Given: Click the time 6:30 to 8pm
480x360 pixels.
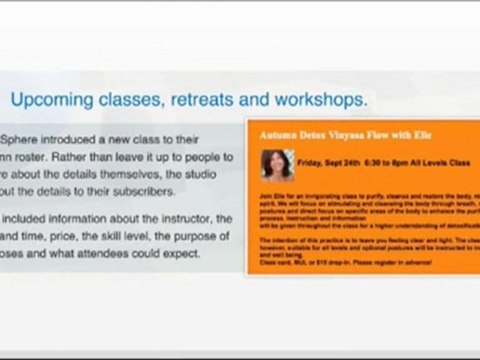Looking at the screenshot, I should (397, 160).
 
